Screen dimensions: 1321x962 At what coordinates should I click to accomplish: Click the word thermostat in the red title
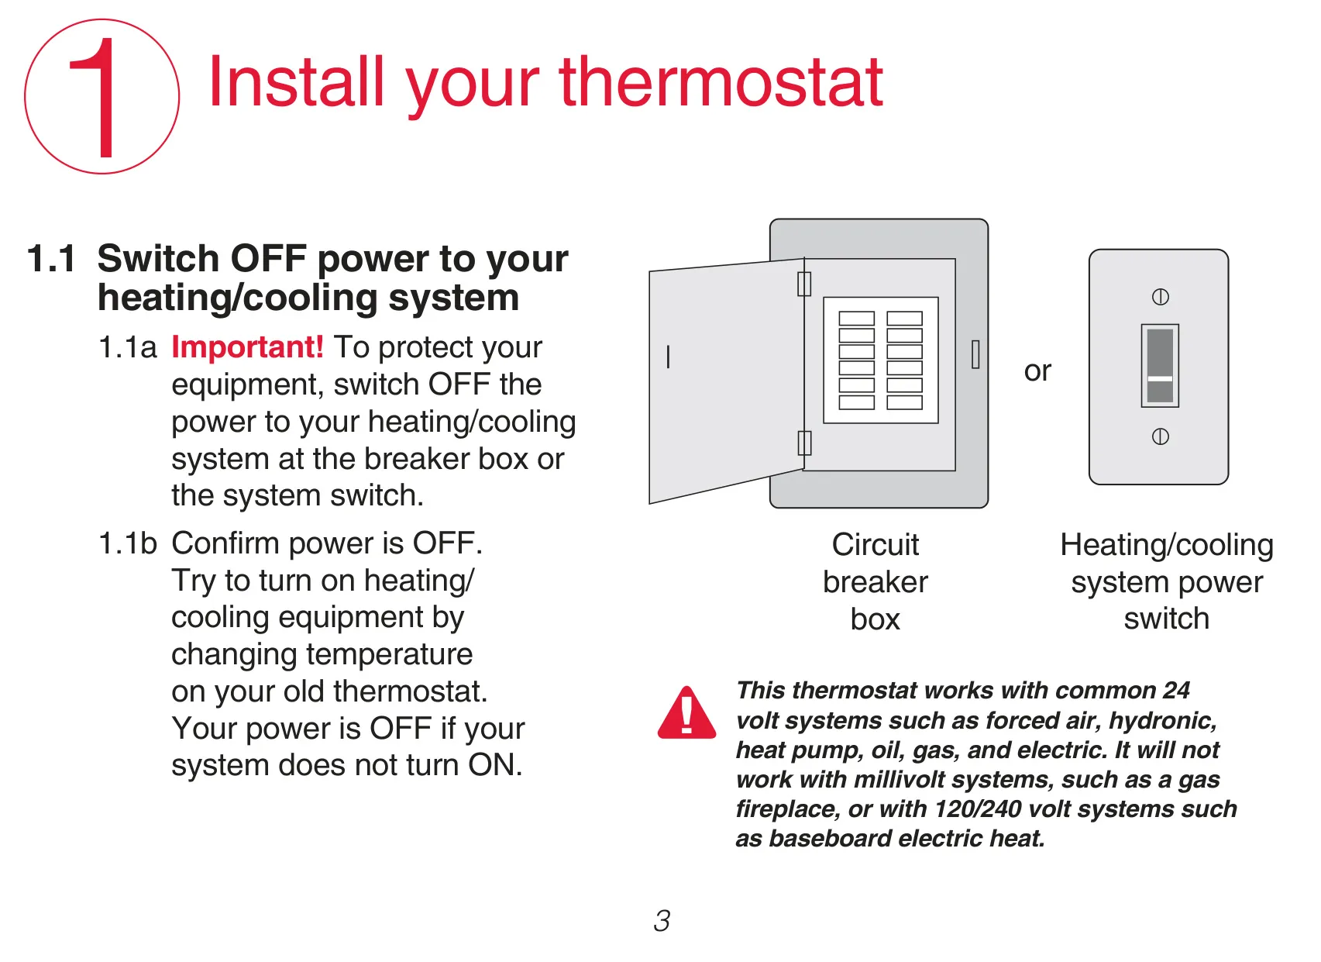tap(721, 83)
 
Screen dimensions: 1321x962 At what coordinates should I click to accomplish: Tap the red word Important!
tap(247, 347)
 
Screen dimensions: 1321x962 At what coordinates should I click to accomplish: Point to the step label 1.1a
tap(127, 347)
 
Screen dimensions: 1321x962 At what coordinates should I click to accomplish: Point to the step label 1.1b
tap(128, 543)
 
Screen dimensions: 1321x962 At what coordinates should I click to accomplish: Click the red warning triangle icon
tap(686, 713)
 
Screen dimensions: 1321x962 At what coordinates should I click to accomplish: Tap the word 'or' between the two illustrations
tap(1037, 371)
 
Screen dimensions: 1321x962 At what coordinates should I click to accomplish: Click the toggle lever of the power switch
tap(1160, 366)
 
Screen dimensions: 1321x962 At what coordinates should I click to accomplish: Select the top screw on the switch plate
tap(1160, 297)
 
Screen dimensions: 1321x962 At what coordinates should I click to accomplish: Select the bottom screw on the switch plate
tap(1160, 436)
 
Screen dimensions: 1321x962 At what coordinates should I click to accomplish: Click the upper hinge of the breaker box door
tap(804, 284)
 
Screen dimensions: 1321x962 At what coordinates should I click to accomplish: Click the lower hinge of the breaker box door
tap(804, 443)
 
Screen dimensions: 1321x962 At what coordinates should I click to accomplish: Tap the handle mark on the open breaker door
tap(668, 357)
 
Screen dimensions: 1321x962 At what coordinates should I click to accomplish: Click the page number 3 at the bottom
tap(662, 921)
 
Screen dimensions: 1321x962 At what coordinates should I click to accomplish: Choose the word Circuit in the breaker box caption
tap(876, 544)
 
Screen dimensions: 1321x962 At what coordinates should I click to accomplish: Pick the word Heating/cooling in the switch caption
tap(1167, 545)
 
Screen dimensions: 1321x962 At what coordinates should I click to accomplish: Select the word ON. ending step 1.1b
tap(495, 765)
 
